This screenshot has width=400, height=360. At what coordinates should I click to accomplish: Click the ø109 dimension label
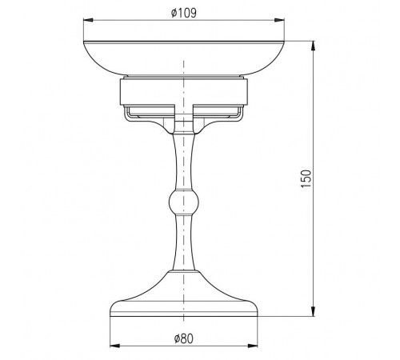[x=184, y=13]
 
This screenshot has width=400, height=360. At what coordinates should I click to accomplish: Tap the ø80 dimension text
[x=183, y=339]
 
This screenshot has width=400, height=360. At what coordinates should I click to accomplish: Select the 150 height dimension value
[x=306, y=178]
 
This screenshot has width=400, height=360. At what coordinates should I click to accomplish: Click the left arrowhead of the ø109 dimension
[x=88, y=20]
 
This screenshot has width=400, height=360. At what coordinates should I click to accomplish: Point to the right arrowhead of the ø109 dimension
[x=279, y=20]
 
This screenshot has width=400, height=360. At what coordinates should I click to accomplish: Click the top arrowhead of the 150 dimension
[x=314, y=46]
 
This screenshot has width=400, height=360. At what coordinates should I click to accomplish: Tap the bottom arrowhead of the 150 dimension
[x=314, y=311]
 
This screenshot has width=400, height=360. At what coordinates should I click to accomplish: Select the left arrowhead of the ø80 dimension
[x=114, y=346]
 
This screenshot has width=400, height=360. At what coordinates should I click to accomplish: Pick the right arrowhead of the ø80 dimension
[x=253, y=346]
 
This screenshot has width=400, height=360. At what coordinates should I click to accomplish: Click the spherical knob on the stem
[x=184, y=202]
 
